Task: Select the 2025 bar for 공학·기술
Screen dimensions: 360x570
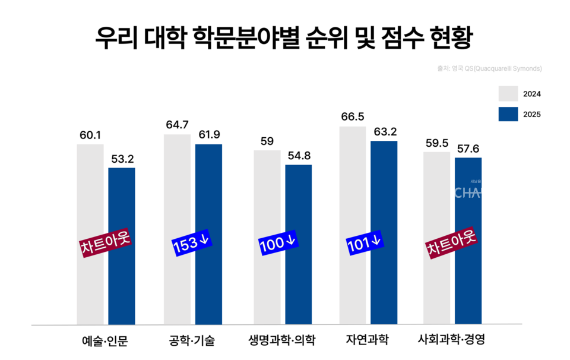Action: pyautogui.click(x=208, y=285)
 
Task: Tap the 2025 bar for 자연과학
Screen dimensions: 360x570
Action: pyautogui.click(x=384, y=285)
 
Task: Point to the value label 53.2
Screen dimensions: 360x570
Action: pyautogui.click(x=122, y=159)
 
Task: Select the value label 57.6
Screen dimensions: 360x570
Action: pyautogui.click(x=468, y=149)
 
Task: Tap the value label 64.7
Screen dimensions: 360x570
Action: pyautogui.click(x=177, y=125)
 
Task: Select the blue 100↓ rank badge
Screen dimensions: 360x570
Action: pyautogui.click(x=279, y=244)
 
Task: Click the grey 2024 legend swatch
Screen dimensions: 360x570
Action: pyautogui.click(x=509, y=94)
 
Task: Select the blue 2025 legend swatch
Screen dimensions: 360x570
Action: pyautogui.click(x=509, y=114)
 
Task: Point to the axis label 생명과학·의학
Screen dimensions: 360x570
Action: pyautogui.click(x=282, y=341)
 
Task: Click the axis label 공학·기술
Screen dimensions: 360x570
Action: pyautogui.click(x=192, y=341)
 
